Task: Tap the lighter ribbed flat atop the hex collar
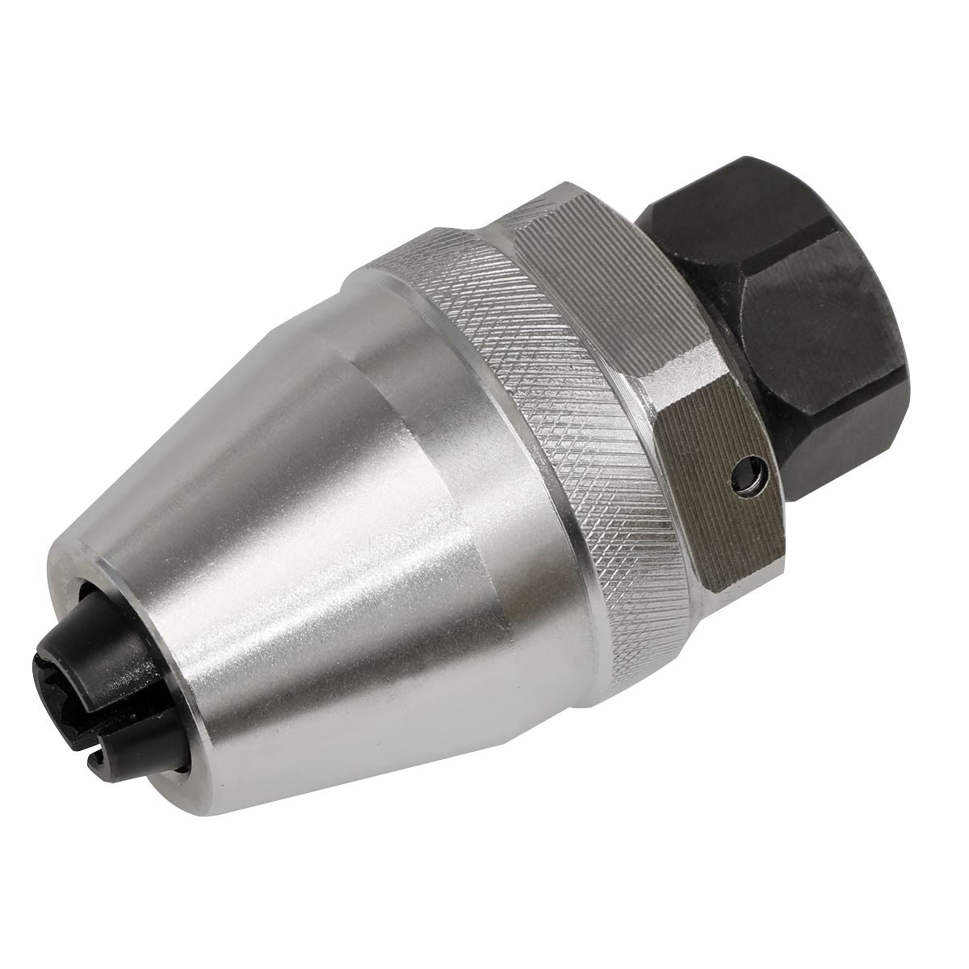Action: [x=598, y=266]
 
